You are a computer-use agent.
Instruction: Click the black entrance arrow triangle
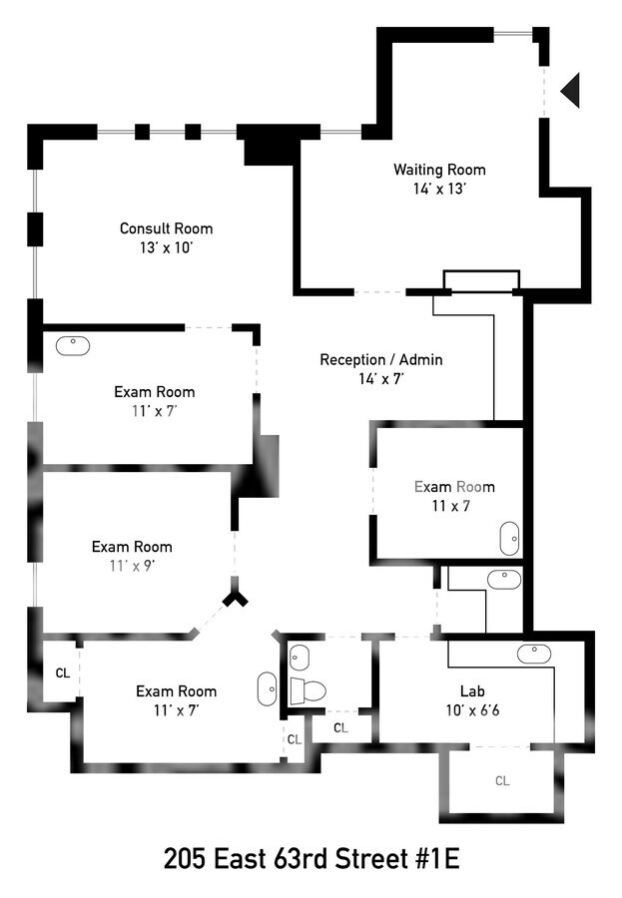point(571,90)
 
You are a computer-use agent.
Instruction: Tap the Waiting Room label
point(439,170)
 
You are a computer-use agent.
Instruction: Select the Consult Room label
point(166,228)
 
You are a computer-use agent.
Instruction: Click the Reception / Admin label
point(380,359)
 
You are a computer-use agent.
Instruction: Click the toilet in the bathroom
point(310,689)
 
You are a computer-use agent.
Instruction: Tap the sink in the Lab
point(533,654)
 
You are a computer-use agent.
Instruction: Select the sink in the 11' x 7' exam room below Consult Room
point(73,345)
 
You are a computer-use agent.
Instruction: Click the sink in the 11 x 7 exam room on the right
point(509,538)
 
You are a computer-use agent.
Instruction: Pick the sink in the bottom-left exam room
point(267,688)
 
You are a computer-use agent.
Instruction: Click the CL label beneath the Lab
point(502,781)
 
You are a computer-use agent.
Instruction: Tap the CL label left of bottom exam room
point(62,673)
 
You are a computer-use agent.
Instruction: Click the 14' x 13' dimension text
point(439,189)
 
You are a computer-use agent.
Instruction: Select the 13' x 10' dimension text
point(166,247)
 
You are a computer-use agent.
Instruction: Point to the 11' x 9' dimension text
point(132,566)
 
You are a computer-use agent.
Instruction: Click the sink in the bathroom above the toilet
point(301,657)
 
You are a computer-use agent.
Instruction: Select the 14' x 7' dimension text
point(380,379)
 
